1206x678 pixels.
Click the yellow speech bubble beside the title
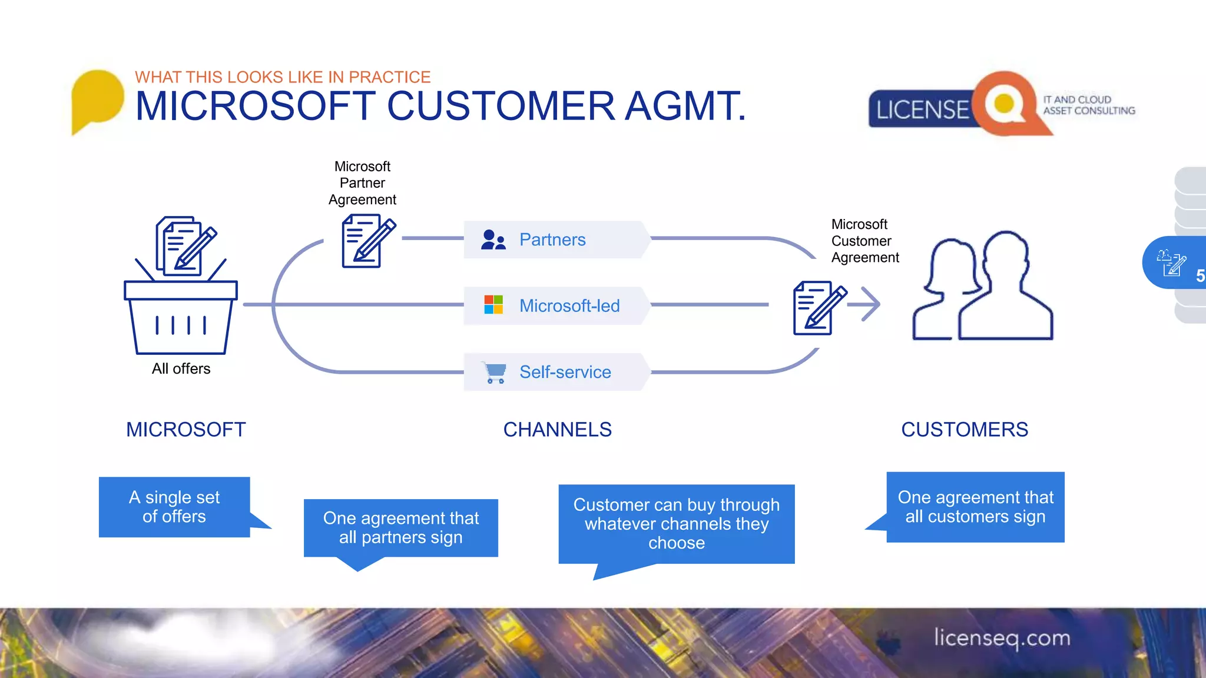97,98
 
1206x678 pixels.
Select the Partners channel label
552,240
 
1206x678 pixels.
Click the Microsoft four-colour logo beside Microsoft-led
493,305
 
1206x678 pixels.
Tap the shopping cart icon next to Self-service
494,372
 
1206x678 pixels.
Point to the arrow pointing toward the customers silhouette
869,304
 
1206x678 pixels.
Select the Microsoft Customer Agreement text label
864,241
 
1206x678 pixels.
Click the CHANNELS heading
557,430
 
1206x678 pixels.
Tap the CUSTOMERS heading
964,430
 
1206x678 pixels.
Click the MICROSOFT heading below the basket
185,430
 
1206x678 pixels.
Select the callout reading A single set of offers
174,507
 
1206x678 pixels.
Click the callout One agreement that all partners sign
400,527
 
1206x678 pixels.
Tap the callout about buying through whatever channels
676,523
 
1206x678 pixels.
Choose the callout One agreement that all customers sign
975,507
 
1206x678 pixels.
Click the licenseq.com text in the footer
1002,638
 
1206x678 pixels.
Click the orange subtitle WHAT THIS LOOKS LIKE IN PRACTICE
283,77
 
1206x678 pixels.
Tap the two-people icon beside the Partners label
493,240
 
